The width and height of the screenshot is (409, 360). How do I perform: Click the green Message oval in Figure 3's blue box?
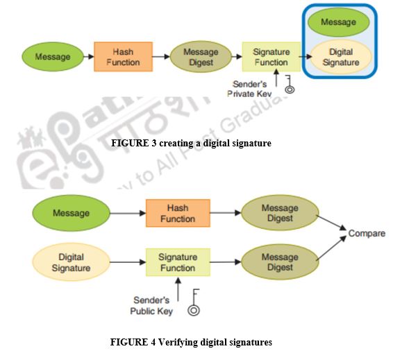(x=339, y=22)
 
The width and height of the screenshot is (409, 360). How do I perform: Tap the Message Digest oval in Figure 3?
(x=201, y=57)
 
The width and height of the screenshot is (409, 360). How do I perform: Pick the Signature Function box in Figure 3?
(x=271, y=57)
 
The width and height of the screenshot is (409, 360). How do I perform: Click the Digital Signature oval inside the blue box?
(x=340, y=57)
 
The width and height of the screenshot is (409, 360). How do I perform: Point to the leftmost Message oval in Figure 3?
(x=52, y=57)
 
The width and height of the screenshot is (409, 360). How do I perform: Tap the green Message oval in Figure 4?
(x=71, y=213)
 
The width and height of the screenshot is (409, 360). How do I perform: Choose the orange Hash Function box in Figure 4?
(x=178, y=214)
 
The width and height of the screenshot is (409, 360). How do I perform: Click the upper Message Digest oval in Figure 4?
(x=279, y=213)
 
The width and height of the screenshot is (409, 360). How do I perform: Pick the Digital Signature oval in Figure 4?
(x=71, y=263)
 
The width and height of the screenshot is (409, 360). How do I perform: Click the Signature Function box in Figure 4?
(x=178, y=263)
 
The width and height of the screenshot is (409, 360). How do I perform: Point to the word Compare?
(x=367, y=234)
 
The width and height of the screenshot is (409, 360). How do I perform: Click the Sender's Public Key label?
(x=151, y=306)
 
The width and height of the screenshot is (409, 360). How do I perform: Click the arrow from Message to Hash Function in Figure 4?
(x=128, y=214)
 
